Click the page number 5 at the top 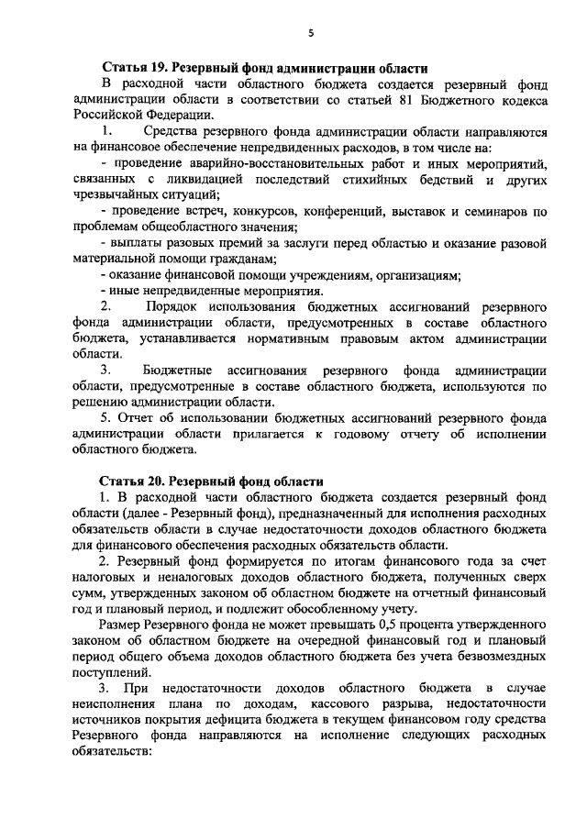tap(310, 33)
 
